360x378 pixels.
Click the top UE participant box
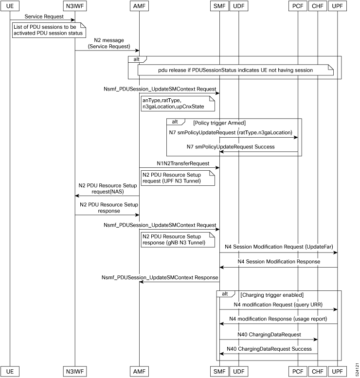[x=10, y=6]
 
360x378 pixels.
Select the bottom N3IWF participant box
[x=75, y=371]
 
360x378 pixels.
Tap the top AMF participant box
[x=139, y=6]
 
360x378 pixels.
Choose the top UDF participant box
[x=239, y=6]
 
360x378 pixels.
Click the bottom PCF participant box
[x=298, y=371]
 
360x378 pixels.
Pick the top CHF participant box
[x=318, y=6]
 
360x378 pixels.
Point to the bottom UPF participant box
[x=337, y=371]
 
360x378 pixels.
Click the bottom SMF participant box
[x=219, y=371]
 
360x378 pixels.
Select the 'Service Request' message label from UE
[x=44, y=17]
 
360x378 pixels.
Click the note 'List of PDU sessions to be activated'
[x=49, y=30]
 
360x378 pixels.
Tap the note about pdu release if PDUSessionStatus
[x=235, y=70]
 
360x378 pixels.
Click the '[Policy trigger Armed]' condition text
[x=219, y=123]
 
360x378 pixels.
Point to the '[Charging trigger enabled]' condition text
[x=272, y=295]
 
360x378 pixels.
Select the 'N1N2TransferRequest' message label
[x=183, y=163]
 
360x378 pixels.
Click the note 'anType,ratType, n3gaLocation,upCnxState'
[x=178, y=104]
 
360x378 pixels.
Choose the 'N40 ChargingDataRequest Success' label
[x=269, y=349]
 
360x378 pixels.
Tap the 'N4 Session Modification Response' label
[x=279, y=262]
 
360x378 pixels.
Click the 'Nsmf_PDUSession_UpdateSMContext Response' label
[x=160, y=277]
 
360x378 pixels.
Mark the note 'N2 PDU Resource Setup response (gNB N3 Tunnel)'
[x=178, y=240]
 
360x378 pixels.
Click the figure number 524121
[x=357, y=369]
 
